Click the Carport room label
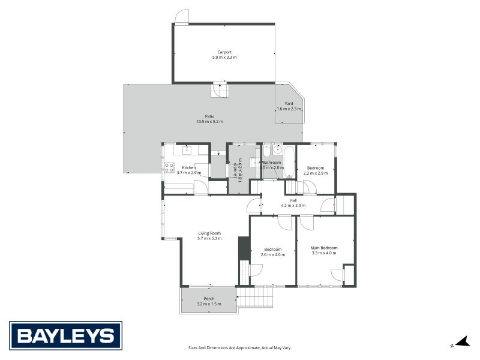coord(224,52)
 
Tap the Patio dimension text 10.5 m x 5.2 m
coord(209,122)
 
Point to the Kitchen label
coord(188,167)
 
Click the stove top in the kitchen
coord(169,167)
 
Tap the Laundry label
coord(234,170)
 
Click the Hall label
coord(293,200)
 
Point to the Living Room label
coord(209,233)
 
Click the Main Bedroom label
coord(324,248)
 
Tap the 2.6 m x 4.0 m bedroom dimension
coord(273,254)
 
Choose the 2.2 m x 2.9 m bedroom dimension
coord(316,173)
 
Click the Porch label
coord(209,299)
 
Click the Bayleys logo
coord(65,335)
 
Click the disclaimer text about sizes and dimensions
coord(239,347)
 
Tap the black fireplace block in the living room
coord(244,248)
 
